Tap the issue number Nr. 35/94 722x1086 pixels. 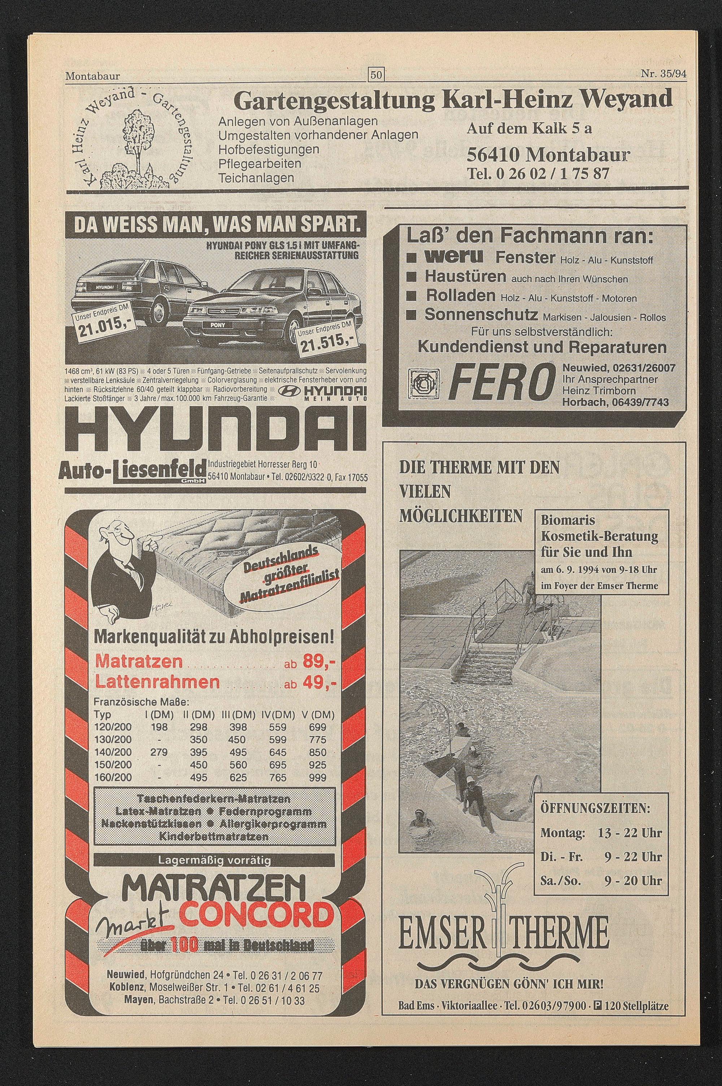tap(663, 74)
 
